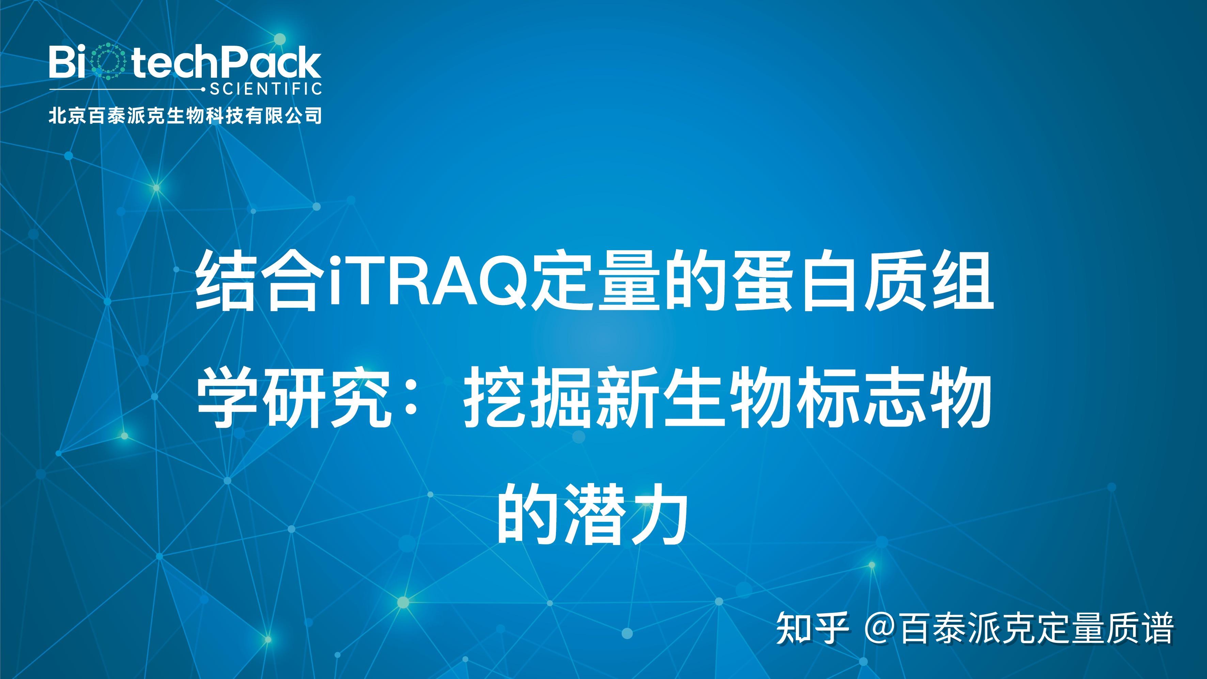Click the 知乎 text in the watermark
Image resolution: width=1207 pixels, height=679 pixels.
(813, 628)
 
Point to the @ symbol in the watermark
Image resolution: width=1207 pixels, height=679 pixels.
(881, 628)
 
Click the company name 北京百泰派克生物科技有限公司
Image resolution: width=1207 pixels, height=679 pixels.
(185, 115)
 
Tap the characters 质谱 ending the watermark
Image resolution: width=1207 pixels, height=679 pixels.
(1143, 628)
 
